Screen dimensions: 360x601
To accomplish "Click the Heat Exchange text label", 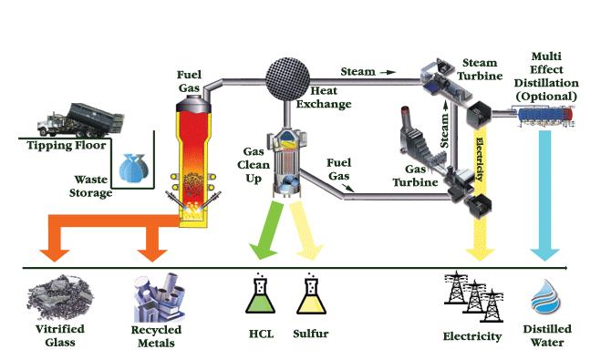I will pyautogui.click(x=330, y=98).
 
